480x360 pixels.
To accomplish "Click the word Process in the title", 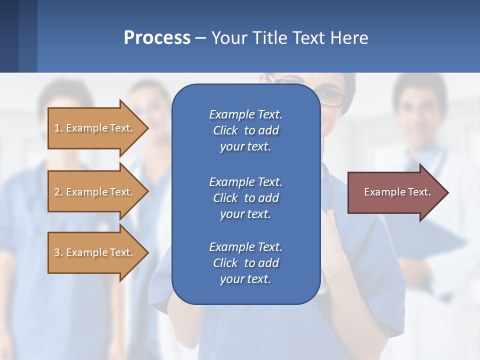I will point(157,38).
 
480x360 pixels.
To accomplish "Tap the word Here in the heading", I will point(348,38).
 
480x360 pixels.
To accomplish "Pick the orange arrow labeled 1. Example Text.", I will point(95,128).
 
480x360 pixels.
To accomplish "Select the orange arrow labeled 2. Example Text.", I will point(95,192).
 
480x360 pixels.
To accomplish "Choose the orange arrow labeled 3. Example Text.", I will point(95,252).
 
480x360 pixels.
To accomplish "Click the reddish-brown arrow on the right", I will point(395,192).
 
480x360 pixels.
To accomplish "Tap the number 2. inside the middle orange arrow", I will point(58,192).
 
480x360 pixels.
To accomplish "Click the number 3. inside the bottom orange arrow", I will point(58,252).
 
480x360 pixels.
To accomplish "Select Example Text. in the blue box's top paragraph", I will point(245,114).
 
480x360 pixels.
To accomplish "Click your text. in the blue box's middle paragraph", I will point(245,214).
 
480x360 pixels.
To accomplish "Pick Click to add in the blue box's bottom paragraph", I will point(245,263).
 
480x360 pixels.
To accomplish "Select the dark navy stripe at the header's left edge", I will point(9,36).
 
